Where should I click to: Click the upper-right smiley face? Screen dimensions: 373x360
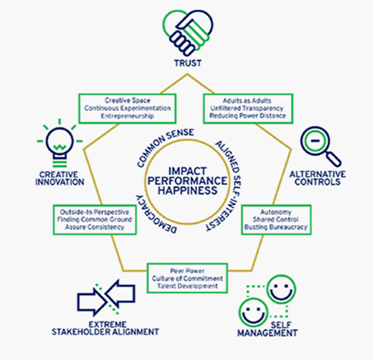coord(281,289)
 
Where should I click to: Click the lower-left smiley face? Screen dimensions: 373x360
coord(253,312)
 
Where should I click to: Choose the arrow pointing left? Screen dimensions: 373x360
coord(120,294)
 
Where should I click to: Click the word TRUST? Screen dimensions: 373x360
coord(188,63)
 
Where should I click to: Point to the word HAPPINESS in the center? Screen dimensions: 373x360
coord(188,191)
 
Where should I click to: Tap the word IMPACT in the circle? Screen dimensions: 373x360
coord(188,171)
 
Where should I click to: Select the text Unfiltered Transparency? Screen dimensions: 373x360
coord(247,108)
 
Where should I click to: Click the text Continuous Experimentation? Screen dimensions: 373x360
coord(127,108)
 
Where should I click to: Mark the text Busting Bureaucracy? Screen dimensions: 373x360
coord(276,227)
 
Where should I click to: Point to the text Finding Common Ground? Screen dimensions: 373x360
coord(94,219)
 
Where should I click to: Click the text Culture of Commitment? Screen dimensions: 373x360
coord(188,279)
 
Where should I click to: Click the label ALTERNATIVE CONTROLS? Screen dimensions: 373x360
coord(318,178)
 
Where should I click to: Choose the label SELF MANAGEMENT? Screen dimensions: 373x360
coord(268,329)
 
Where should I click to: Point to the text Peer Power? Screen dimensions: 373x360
coord(188,271)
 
